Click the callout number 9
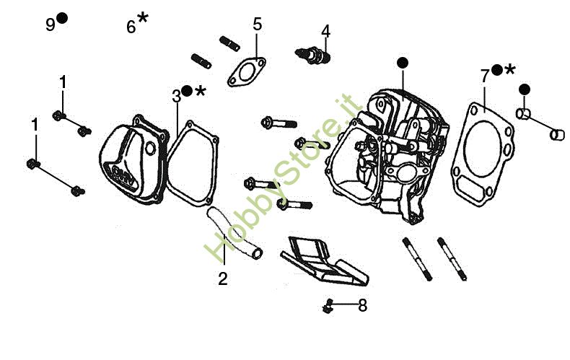click(x=50, y=25)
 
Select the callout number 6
click(x=131, y=27)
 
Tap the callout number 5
click(x=258, y=25)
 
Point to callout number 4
click(x=326, y=31)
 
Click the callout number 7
click(x=485, y=74)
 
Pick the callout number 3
click(x=176, y=95)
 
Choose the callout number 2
click(x=223, y=278)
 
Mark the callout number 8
click(x=362, y=305)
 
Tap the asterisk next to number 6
click(x=143, y=18)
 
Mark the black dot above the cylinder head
click(x=401, y=63)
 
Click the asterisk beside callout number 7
click(x=510, y=69)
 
